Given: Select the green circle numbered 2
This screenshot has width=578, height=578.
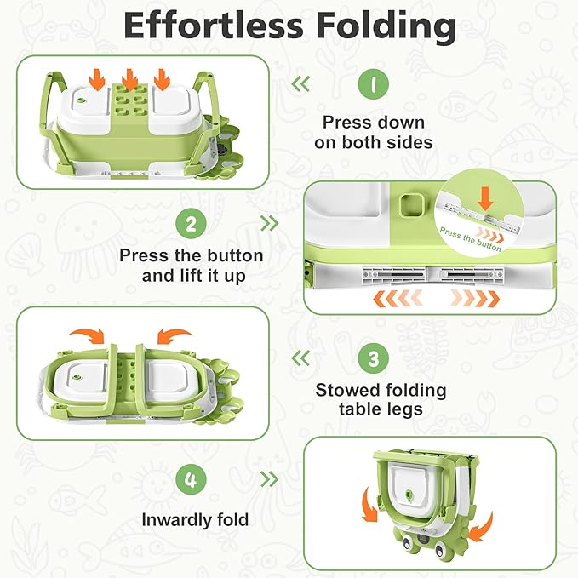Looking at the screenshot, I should point(192,224).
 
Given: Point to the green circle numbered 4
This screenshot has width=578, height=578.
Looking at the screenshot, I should point(191,479).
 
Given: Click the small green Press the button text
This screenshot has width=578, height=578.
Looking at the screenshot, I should point(471,238).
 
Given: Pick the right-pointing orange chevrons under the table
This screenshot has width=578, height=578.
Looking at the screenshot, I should point(472,299).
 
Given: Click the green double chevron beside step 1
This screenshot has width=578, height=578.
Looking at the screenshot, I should point(300,84).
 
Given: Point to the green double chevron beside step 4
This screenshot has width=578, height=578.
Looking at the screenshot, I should point(269,479).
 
